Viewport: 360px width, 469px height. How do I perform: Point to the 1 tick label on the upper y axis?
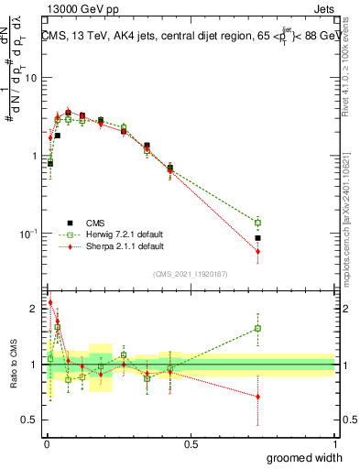(x=35, y=156)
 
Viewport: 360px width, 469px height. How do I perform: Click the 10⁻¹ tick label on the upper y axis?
(x=29, y=234)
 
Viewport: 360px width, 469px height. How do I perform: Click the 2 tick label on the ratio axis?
(x=35, y=309)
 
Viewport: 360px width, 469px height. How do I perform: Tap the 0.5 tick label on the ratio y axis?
(x=30, y=420)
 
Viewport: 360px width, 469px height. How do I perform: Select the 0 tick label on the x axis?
(x=46, y=444)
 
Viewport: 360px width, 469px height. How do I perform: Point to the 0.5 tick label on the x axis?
(x=190, y=444)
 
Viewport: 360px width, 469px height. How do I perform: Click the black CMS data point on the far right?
(x=258, y=238)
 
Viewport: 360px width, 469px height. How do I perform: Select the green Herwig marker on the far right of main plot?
(x=258, y=223)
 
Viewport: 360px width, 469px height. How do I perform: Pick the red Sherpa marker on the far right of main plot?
(x=258, y=251)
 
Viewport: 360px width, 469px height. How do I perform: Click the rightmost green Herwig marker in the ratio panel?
(x=258, y=328)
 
